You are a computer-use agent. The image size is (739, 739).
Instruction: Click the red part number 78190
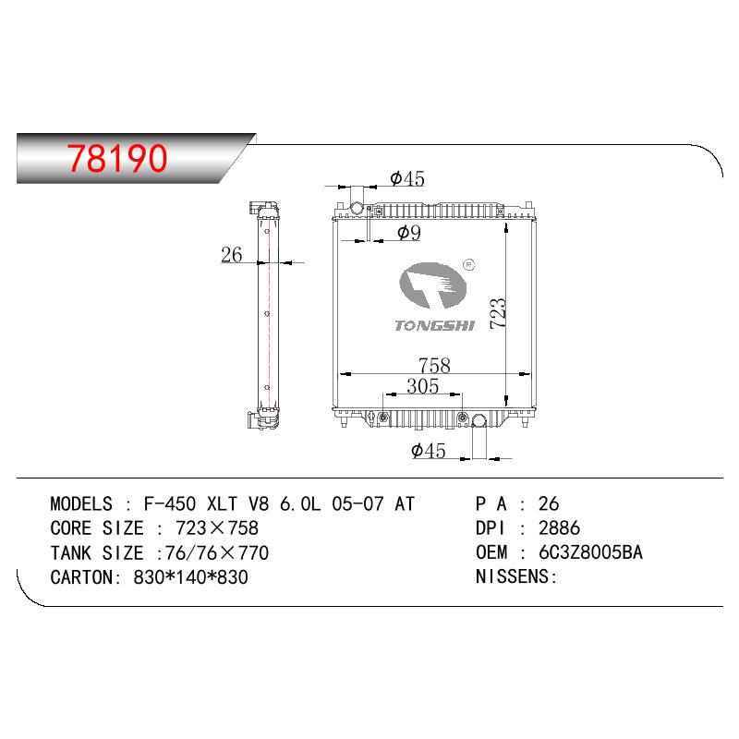[117, 158]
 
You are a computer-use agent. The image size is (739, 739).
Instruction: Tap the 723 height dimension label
[498, 313]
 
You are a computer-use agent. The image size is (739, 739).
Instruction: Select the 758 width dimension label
[434, 365]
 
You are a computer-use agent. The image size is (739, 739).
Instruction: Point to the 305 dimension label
[423, 386]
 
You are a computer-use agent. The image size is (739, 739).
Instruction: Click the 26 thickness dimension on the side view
[232, 255]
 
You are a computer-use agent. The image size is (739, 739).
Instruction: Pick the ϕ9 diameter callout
[409, 233]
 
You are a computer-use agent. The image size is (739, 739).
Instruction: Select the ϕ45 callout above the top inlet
[407, 178]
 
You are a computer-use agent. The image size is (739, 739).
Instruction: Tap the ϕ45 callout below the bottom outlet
[429, 451]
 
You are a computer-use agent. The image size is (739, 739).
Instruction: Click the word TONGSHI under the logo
[434, 326]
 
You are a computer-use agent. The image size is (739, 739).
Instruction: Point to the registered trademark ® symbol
[469, 265]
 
